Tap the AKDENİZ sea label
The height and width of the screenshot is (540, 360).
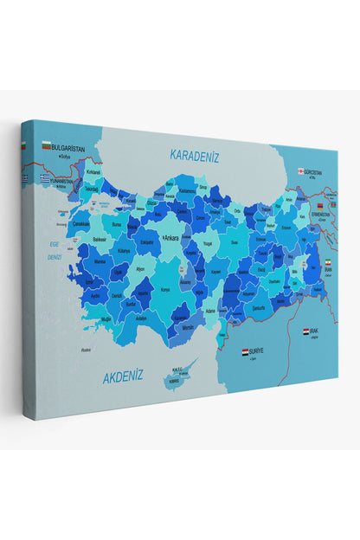coord(123,376)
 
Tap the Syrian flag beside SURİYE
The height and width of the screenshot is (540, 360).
coord(246,351)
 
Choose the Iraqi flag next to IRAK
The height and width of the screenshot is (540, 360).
coord(306,331)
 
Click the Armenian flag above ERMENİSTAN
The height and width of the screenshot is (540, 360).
coord(319,204)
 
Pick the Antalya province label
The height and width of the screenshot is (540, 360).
coord(142,318)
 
